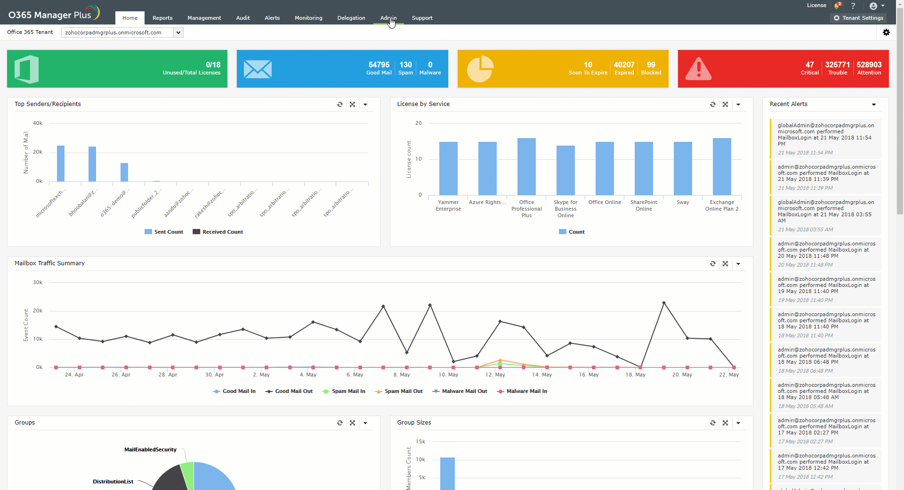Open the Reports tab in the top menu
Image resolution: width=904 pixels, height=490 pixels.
click(162, 18)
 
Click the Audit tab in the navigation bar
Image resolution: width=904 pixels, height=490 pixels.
click(243, 18)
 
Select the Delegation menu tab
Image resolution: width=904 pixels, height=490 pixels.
click(351, 18)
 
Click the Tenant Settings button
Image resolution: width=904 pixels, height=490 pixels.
click(858, 18)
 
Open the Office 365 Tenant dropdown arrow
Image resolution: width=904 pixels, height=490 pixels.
click(178, 33)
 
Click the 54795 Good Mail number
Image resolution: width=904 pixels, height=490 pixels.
click(379, 65)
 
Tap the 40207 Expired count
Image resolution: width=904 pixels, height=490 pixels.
click(624, 65)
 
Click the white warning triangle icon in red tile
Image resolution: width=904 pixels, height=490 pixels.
click(698, 69)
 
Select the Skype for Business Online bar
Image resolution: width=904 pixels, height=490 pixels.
click(565, 170)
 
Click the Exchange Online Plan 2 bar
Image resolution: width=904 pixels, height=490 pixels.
click(722, 166)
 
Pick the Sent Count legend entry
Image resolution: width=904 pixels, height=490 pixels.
click(164, 232)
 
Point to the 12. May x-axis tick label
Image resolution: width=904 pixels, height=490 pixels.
click(495, 375)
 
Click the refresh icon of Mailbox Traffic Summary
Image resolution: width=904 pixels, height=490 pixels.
click(713, 264)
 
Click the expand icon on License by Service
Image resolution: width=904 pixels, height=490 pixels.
click(726, 105)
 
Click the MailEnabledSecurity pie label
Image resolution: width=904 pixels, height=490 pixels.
click(150, 449)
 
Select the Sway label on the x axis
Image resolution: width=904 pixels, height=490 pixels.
click(683, 203)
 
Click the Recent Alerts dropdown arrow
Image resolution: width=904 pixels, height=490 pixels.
click(874, 105)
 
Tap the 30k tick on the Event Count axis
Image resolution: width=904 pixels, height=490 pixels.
click(38, 283)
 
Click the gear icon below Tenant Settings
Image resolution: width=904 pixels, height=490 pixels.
click(886, 33)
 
